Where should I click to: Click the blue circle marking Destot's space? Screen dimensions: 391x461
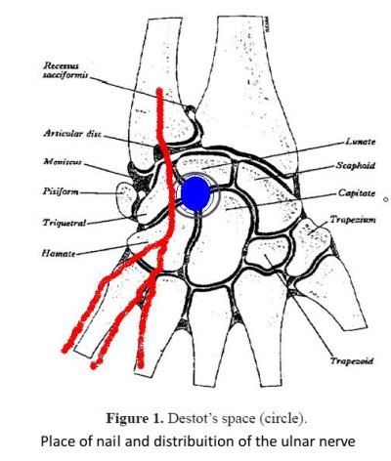[x=195, y=194]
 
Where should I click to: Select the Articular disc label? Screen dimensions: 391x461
[x=72, y=134]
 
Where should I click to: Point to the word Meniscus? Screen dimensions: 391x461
[x=63, y=161]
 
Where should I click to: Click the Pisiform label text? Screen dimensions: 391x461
[x=61, y=191]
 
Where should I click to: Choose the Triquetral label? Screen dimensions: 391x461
[x=65, y=223]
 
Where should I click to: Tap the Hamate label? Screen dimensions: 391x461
[x=59, y=253]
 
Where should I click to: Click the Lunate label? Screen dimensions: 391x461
[x=361, y=142]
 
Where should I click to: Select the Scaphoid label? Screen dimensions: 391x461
[x=356, y=165]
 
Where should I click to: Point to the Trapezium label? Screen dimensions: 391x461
[x=353, y=220]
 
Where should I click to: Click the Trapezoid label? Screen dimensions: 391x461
[x=352, y=361]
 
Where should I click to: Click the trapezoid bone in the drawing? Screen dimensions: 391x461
[x=268, y=252]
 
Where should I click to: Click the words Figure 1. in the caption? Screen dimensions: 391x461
[x=135, y=418]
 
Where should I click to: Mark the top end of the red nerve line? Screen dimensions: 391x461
[x=159, y=89]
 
